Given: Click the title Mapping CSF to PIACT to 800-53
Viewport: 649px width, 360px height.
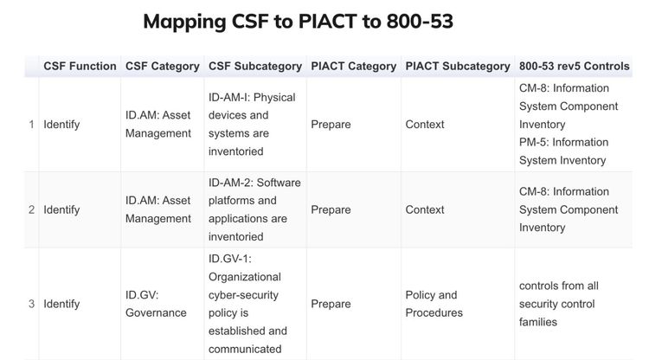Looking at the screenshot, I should point(298,22).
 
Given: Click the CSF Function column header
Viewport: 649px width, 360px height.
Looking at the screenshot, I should point(80,66).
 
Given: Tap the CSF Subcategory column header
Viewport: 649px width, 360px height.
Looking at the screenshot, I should point(255,66).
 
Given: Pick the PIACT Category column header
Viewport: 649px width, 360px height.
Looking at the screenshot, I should point(353,66).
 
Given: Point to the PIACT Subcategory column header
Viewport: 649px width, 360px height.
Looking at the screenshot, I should point(457,66).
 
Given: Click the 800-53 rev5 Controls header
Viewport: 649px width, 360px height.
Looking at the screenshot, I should point(574,66).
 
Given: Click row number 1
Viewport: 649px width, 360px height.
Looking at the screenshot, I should point(32,125).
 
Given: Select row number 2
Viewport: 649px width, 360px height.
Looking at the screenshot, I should point(32,210).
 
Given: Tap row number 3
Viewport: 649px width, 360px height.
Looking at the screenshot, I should point(32,304).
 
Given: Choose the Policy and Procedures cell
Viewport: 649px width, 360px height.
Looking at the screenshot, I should point(434,304).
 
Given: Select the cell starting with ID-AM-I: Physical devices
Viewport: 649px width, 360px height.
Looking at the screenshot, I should point(252,125).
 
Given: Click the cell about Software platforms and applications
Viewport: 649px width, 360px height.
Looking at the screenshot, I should point(254,209).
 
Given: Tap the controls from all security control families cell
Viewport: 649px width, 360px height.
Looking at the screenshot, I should point(558,304).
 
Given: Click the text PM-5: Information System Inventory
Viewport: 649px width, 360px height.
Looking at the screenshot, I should point(562,151).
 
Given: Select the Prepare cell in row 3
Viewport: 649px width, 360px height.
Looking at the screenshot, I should point(331,304).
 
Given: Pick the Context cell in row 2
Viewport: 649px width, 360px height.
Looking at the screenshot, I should point(424,210).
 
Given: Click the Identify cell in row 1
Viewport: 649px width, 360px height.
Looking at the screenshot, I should point(61,125).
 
